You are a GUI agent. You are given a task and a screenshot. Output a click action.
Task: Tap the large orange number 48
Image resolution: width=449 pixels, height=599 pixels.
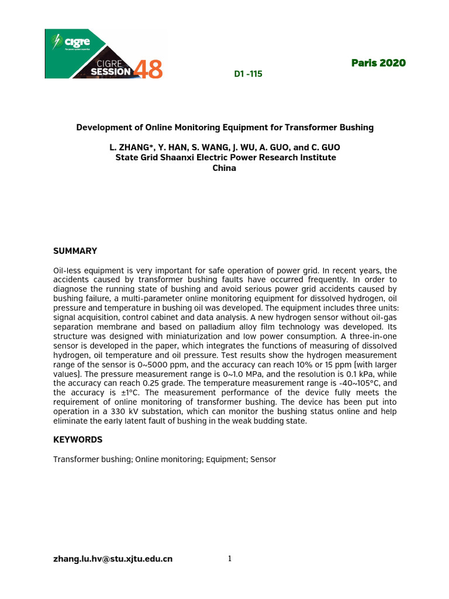[148, 70]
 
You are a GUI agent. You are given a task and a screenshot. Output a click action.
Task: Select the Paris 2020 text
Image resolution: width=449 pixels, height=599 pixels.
[378, 63]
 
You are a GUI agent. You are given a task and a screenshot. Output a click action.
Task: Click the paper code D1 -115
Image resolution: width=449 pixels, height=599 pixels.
[244, 74]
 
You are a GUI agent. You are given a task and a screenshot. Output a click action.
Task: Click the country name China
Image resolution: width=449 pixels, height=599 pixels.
[225, 168]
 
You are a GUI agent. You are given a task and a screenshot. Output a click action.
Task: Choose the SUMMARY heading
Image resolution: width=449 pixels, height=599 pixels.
[75, 251]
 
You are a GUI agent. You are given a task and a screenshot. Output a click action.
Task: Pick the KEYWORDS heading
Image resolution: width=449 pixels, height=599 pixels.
[78, 439]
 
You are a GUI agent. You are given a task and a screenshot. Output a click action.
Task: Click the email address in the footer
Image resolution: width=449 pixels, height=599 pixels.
[113, 559]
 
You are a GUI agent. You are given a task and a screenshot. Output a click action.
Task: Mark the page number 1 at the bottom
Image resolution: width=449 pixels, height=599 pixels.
[230, 559]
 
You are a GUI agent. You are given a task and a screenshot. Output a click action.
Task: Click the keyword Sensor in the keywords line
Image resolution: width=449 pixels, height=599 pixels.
[263, 459]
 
